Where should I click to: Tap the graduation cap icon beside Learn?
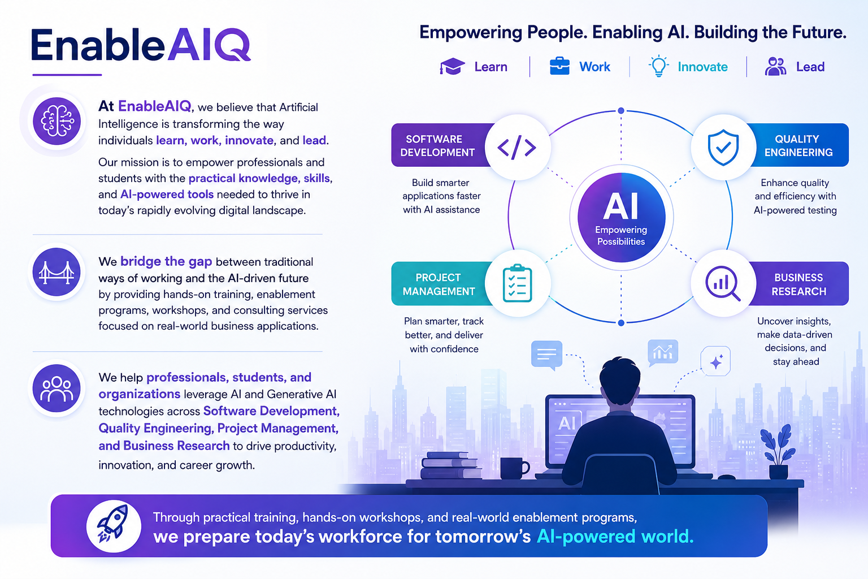click(x=452, y=66)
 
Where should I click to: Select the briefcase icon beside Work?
click(x=559, y=66)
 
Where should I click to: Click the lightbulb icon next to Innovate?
click(x=658, y=66)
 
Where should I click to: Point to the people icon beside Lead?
click(x=775, y=66)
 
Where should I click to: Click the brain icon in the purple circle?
click(x=57, y=121)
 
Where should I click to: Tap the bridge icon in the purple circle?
click(x=57, y=272)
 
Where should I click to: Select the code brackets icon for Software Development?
click(x=517, y=148)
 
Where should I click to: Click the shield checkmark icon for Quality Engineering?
click(x=723, y=148)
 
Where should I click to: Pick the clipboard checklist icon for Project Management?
click(x=517, y=283)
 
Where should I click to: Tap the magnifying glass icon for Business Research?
click(x=723, y=283)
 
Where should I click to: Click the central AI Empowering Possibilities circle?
click(x=621, y=217)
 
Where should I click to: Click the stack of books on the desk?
click(x=451, y=465)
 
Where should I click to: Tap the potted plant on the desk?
click(x=778, y=452)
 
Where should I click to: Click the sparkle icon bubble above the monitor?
click(x=716, y=361)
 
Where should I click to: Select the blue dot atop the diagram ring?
click(x=621, y=111)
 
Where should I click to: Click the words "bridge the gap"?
click(x=166, y=261)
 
